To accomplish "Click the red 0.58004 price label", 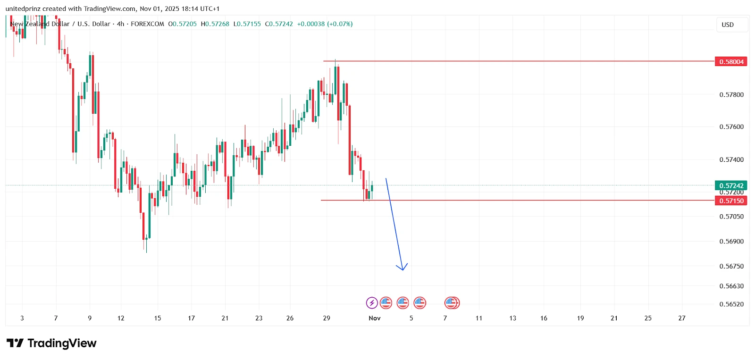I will click(x=731, y=62).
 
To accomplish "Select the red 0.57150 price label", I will click(x=731, y=201).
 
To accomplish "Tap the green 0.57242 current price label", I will click(x=731, y=186).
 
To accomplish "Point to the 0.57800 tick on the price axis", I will click(x=731, y=95).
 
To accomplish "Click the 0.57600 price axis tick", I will click(x=731, y=127).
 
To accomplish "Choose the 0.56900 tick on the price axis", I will click(x=731, y=242).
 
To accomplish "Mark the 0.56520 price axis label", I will click(x=731, y=304).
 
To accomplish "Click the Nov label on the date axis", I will click(x=375, y=318).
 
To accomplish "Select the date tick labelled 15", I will click(x=158, y=318).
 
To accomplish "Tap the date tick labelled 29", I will click(x=327, y=318).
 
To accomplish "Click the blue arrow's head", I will click(x=402, y=268).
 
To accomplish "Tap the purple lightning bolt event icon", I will click(x=372, y=303).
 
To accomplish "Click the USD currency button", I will click(x=728, y=25).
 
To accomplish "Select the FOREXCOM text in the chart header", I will click(x=147, y=24).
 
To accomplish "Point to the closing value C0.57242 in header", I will click(x=279, y=24).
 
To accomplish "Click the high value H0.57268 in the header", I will click(x=215, y=24).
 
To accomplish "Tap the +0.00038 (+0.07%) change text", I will click(x=325, y=24).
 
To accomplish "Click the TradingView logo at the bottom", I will click(x=51, y=343).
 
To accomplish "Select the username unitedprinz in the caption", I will click(x=23, y=9).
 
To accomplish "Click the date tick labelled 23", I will click(x=259, y=318).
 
